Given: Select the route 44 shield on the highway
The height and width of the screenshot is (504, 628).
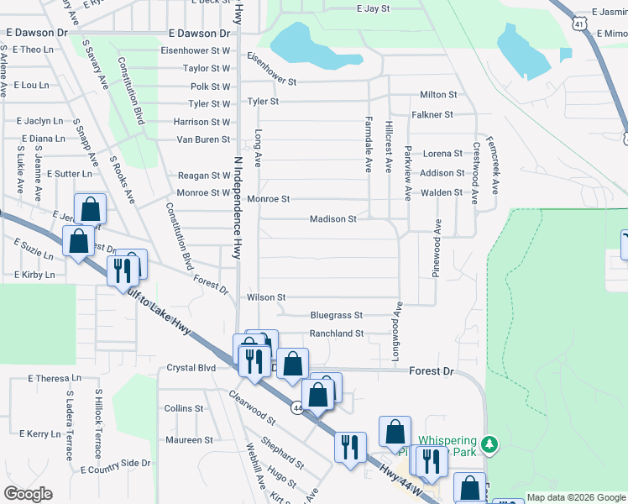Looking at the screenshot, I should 297,407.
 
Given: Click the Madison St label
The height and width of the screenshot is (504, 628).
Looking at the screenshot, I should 333,219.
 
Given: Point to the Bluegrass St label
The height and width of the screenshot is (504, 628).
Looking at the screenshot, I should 336,316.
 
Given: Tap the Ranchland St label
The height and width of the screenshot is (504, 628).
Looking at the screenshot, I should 336,333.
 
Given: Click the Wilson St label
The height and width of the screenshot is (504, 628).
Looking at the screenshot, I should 266,297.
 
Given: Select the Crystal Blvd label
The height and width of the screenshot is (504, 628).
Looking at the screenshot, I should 191,368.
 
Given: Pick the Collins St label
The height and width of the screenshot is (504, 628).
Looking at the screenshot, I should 185,408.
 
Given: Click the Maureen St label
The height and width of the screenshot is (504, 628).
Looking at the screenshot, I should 189,440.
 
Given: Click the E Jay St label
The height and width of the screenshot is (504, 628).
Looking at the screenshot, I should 374,8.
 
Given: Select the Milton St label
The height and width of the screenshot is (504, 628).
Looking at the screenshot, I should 438,95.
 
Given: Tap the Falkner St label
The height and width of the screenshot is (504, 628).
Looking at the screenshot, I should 432,114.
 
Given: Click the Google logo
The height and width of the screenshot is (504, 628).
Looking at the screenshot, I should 28,494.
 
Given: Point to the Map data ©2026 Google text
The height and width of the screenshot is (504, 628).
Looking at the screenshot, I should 576,497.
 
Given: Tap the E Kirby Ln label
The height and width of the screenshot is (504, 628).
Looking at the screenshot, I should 34,275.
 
